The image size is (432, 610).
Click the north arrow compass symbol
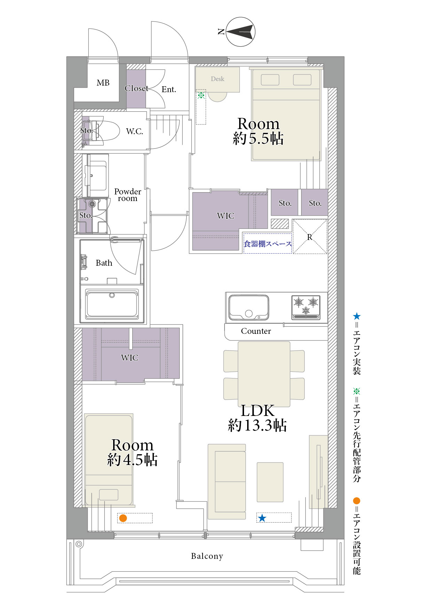coord(241,32)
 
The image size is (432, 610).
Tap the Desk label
coord(218,79)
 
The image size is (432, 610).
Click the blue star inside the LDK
coord(262,518)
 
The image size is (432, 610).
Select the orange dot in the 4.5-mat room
coord(123,518)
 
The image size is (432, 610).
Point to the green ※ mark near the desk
coord(201,95)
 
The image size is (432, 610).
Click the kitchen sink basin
coord(249,307)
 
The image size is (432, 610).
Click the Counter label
coord(256,331)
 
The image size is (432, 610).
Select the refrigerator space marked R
coord(310,236)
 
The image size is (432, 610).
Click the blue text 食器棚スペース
coord(267,244)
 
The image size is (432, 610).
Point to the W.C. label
coord(134,131)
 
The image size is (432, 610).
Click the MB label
coord(103,83)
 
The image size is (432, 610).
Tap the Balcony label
coord(207,556)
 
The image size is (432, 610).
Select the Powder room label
coord(128,195)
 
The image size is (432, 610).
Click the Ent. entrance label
coord(169,89)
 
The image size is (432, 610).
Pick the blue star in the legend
coord(356,316)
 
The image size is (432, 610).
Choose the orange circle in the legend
coord(356,501)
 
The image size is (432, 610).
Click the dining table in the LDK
coord(264,374)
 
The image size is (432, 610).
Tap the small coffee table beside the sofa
coord(270,482)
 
